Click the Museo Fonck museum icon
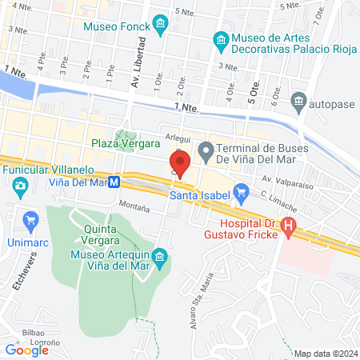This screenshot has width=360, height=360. pos(162,24)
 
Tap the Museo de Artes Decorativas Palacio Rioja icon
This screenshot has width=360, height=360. pos(220,39)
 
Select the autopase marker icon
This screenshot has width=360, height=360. pos(298,102)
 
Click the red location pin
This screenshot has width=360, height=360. pos(180,164)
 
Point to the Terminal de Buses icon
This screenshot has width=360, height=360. pos(205,149)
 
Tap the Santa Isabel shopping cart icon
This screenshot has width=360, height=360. pos(241,194)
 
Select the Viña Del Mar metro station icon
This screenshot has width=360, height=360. pos(115,182)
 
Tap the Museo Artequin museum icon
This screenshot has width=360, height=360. pos(160,256)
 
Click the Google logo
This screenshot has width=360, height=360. pos(27,350)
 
